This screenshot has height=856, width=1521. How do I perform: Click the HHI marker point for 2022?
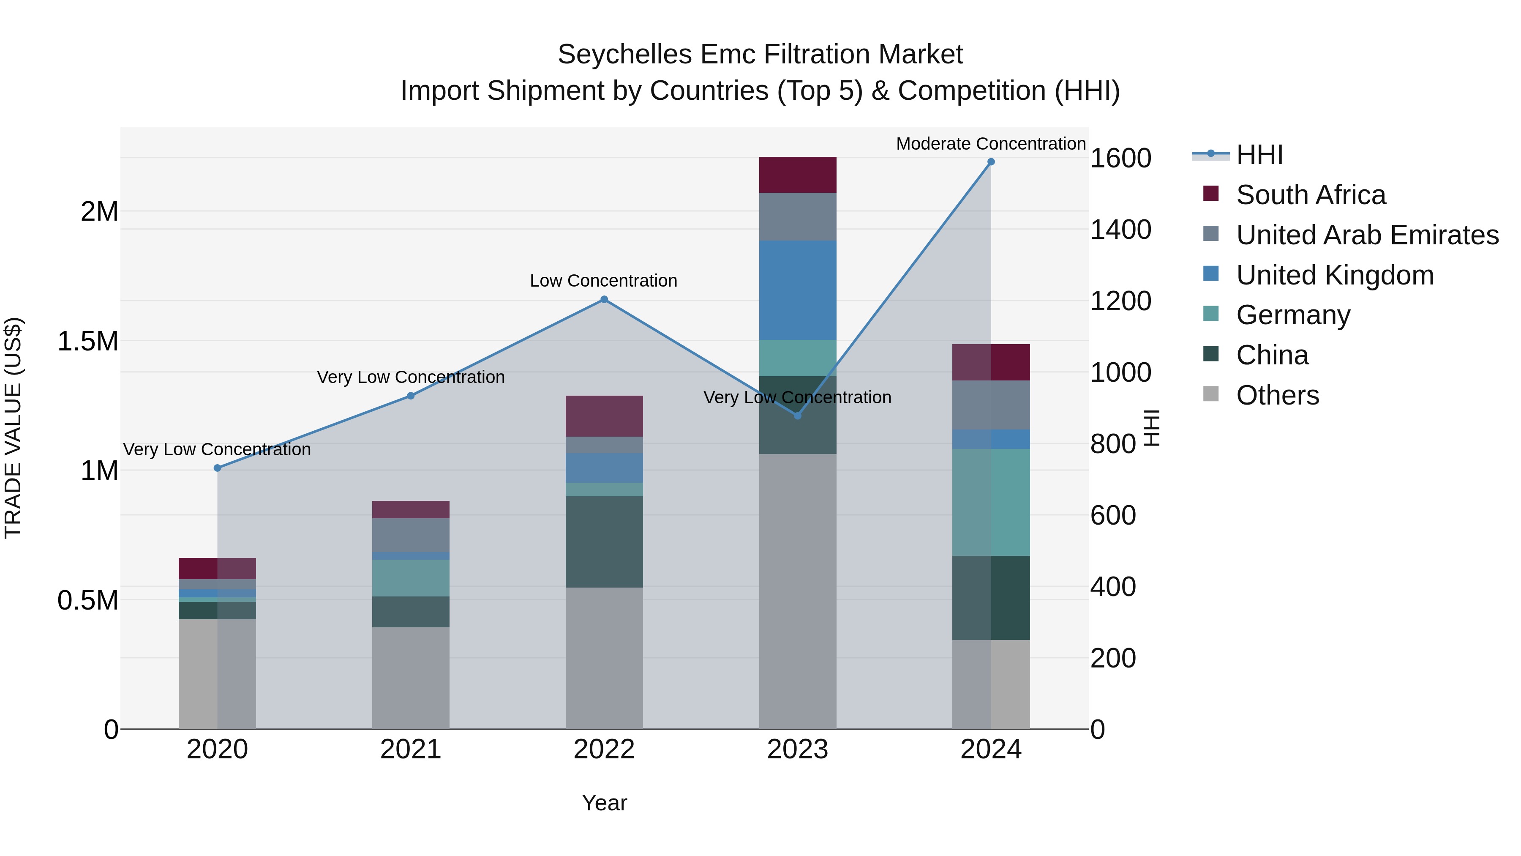604,300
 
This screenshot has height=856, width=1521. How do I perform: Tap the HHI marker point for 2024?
991,162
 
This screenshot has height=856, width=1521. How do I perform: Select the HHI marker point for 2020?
217,468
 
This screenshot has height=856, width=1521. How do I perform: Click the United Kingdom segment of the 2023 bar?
797,290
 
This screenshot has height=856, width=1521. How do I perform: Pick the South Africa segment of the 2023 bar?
797,175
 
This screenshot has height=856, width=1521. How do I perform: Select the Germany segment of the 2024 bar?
991,502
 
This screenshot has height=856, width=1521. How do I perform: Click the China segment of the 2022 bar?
604,542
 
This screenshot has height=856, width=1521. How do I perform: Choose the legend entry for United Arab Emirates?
1367,235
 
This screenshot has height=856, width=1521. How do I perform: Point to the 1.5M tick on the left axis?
88,342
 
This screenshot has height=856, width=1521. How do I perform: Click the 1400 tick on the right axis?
1120,230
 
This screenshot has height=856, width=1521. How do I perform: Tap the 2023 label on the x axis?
797,749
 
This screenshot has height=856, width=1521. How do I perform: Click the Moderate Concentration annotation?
990,144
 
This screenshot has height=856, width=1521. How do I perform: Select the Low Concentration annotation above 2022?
603,281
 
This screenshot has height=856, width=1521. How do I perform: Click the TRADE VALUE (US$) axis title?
13,428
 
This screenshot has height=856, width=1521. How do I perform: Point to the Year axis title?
604,803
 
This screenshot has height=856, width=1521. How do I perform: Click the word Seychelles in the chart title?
624,55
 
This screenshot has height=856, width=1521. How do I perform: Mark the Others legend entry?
1277,395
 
